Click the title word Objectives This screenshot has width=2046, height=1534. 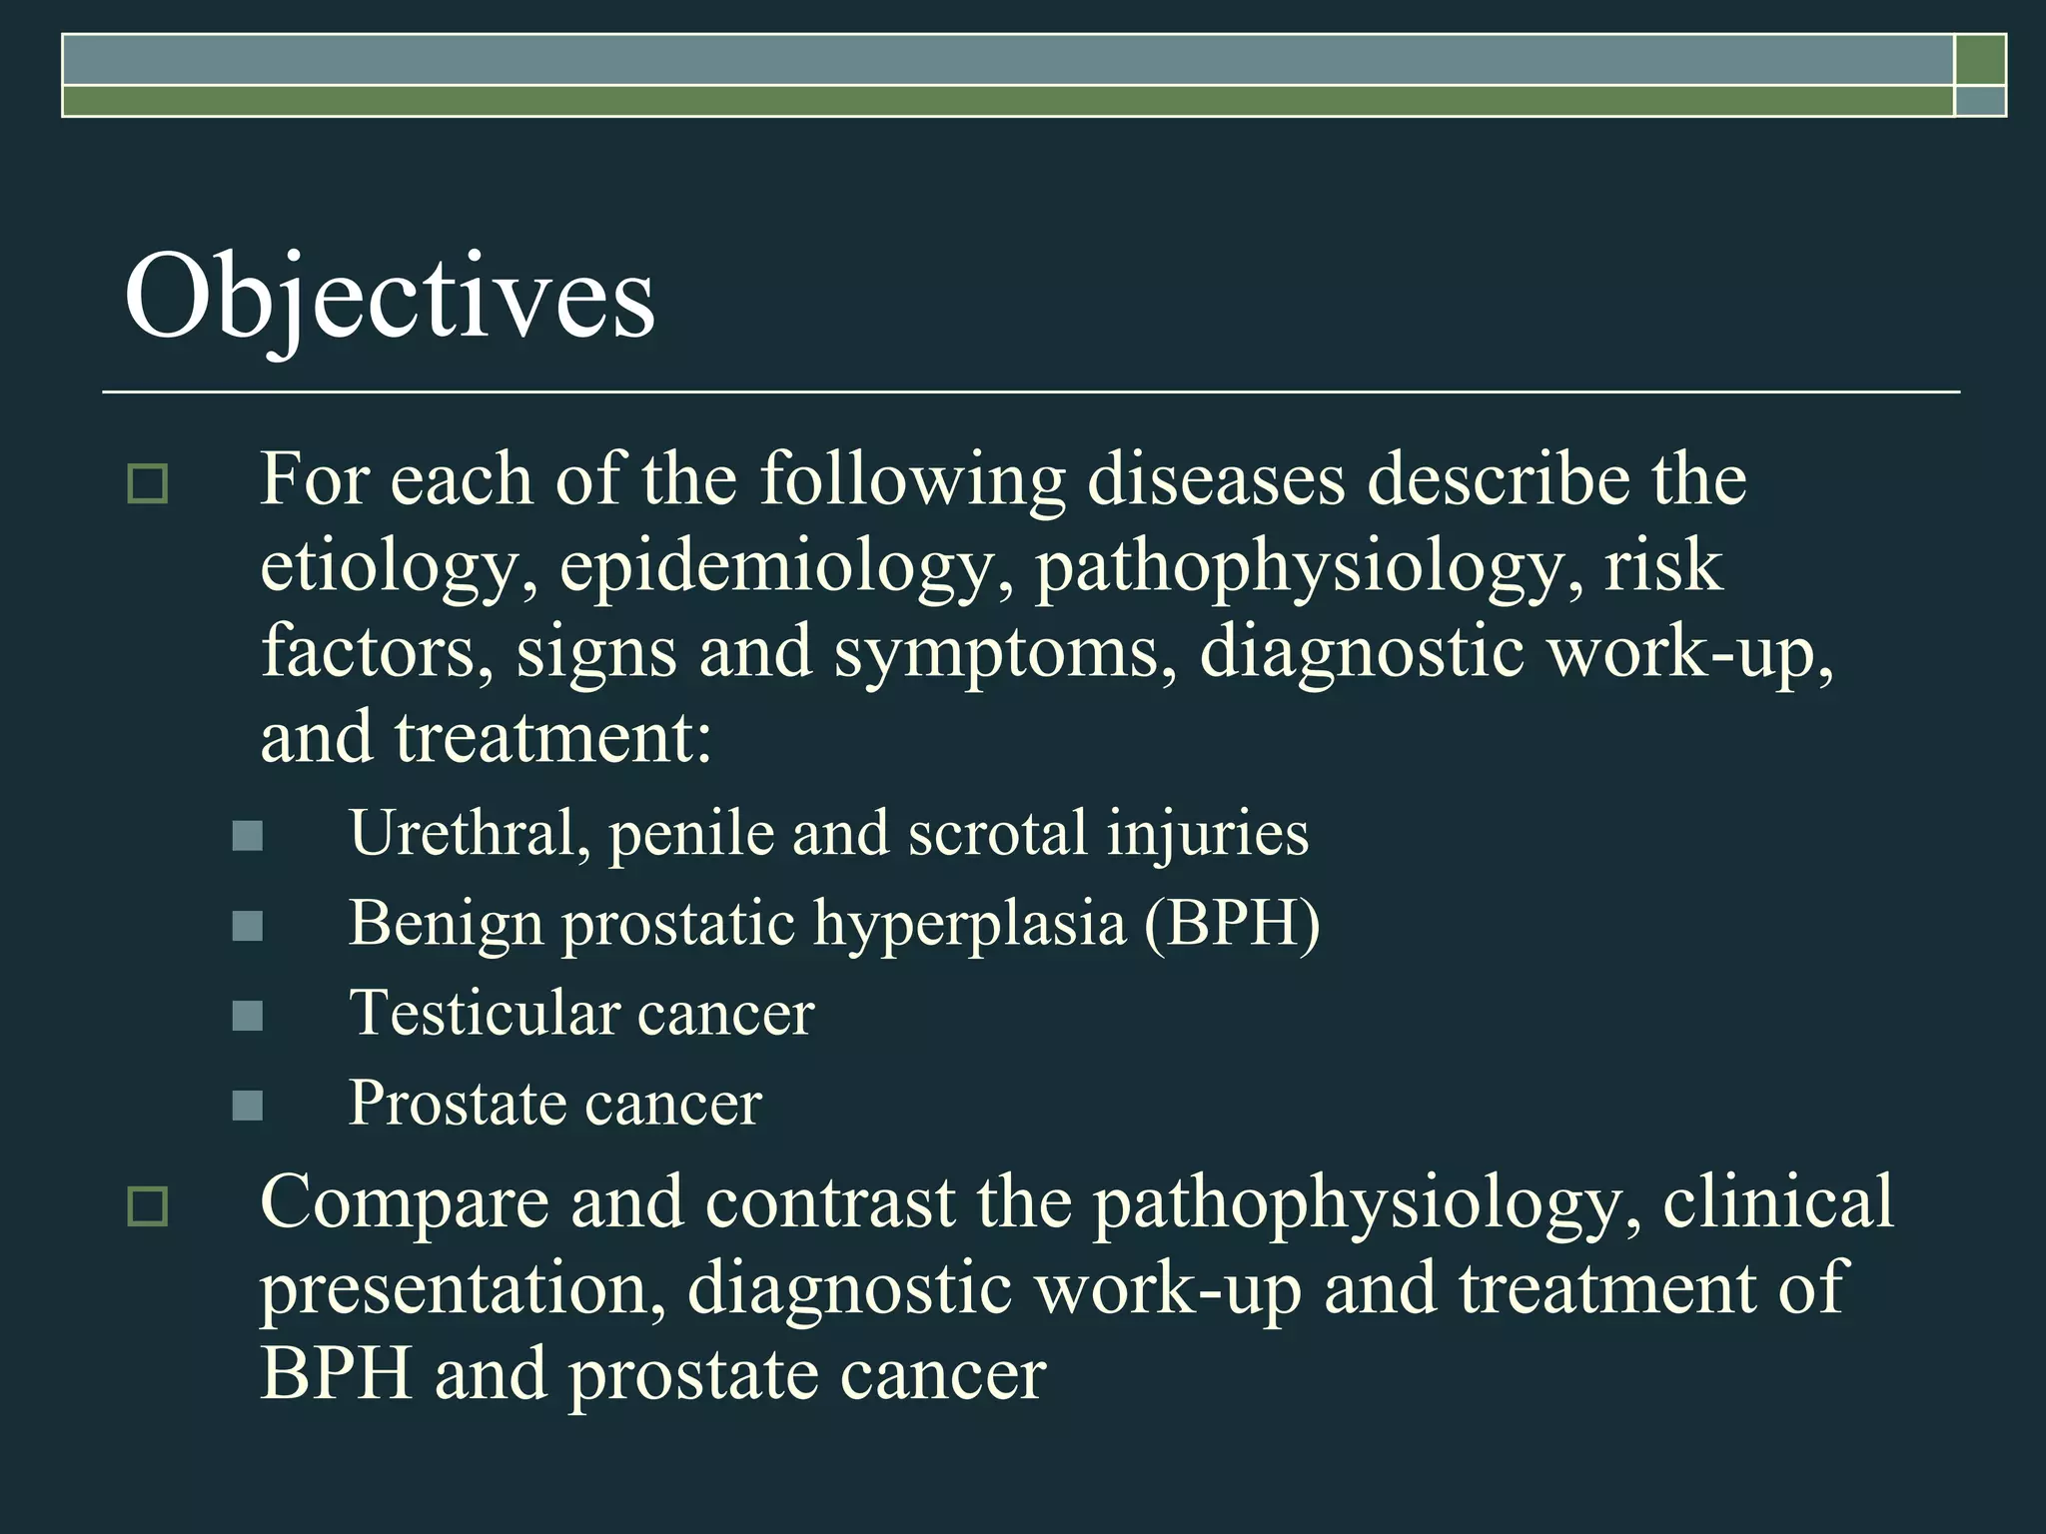(390, 297)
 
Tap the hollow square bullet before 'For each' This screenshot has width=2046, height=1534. (148, 484)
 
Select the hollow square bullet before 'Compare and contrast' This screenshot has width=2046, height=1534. (148, 1206)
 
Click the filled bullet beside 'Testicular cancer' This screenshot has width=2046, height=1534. (247, 1016)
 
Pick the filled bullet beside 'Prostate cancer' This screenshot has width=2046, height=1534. (247, 1106)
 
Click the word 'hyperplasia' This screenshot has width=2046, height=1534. (969, 925)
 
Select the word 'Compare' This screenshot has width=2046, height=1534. (405, 1204)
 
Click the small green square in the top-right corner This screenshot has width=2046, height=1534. (1979, 60)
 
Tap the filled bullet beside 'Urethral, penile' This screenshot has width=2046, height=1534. (247, 836)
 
